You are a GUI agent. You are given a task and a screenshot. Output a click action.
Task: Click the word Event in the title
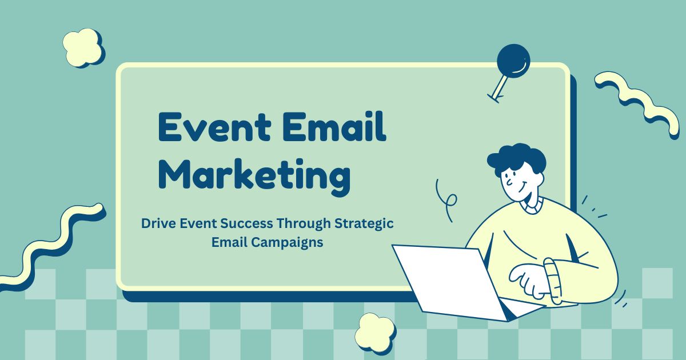[215, 126]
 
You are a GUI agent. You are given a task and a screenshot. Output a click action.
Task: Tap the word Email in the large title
[336, 126]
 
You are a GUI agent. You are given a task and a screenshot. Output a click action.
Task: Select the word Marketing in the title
[254, 177]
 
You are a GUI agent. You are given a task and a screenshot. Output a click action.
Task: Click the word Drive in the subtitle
[158, 223]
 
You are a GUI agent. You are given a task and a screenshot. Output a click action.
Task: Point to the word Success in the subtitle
[246, 223]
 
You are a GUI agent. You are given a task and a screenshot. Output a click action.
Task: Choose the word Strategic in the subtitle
[364, 224]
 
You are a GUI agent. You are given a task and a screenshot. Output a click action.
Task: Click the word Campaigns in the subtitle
[287, 243]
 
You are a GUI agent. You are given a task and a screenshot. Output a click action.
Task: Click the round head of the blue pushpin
[513, 61]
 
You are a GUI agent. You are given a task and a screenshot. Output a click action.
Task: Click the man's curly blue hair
[517, 159]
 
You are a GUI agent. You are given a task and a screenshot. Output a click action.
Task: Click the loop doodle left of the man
[446, 201]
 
